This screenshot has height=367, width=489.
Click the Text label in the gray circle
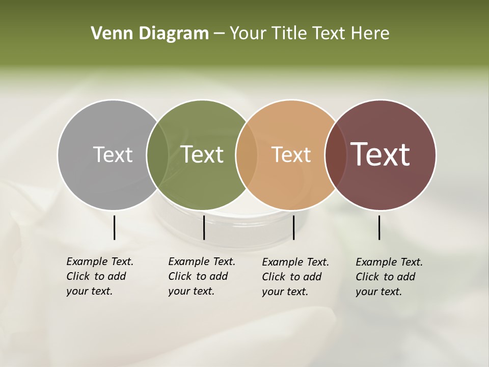point(113,154)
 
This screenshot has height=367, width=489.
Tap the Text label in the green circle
point(202,154)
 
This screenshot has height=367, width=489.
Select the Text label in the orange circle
point(291,154)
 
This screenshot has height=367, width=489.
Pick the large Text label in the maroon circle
point(381,154)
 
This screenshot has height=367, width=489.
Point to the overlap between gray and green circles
point(157,154)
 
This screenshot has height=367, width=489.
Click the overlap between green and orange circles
point(247,154)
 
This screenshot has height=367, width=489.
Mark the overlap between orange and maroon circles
point(336,154)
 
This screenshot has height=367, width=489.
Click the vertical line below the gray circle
point(114,227)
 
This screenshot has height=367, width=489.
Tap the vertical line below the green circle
point(204,227)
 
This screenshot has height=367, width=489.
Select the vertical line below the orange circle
point(293,227)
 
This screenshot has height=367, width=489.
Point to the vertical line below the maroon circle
point(379,227)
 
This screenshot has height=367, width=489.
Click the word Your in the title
point(247,34)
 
